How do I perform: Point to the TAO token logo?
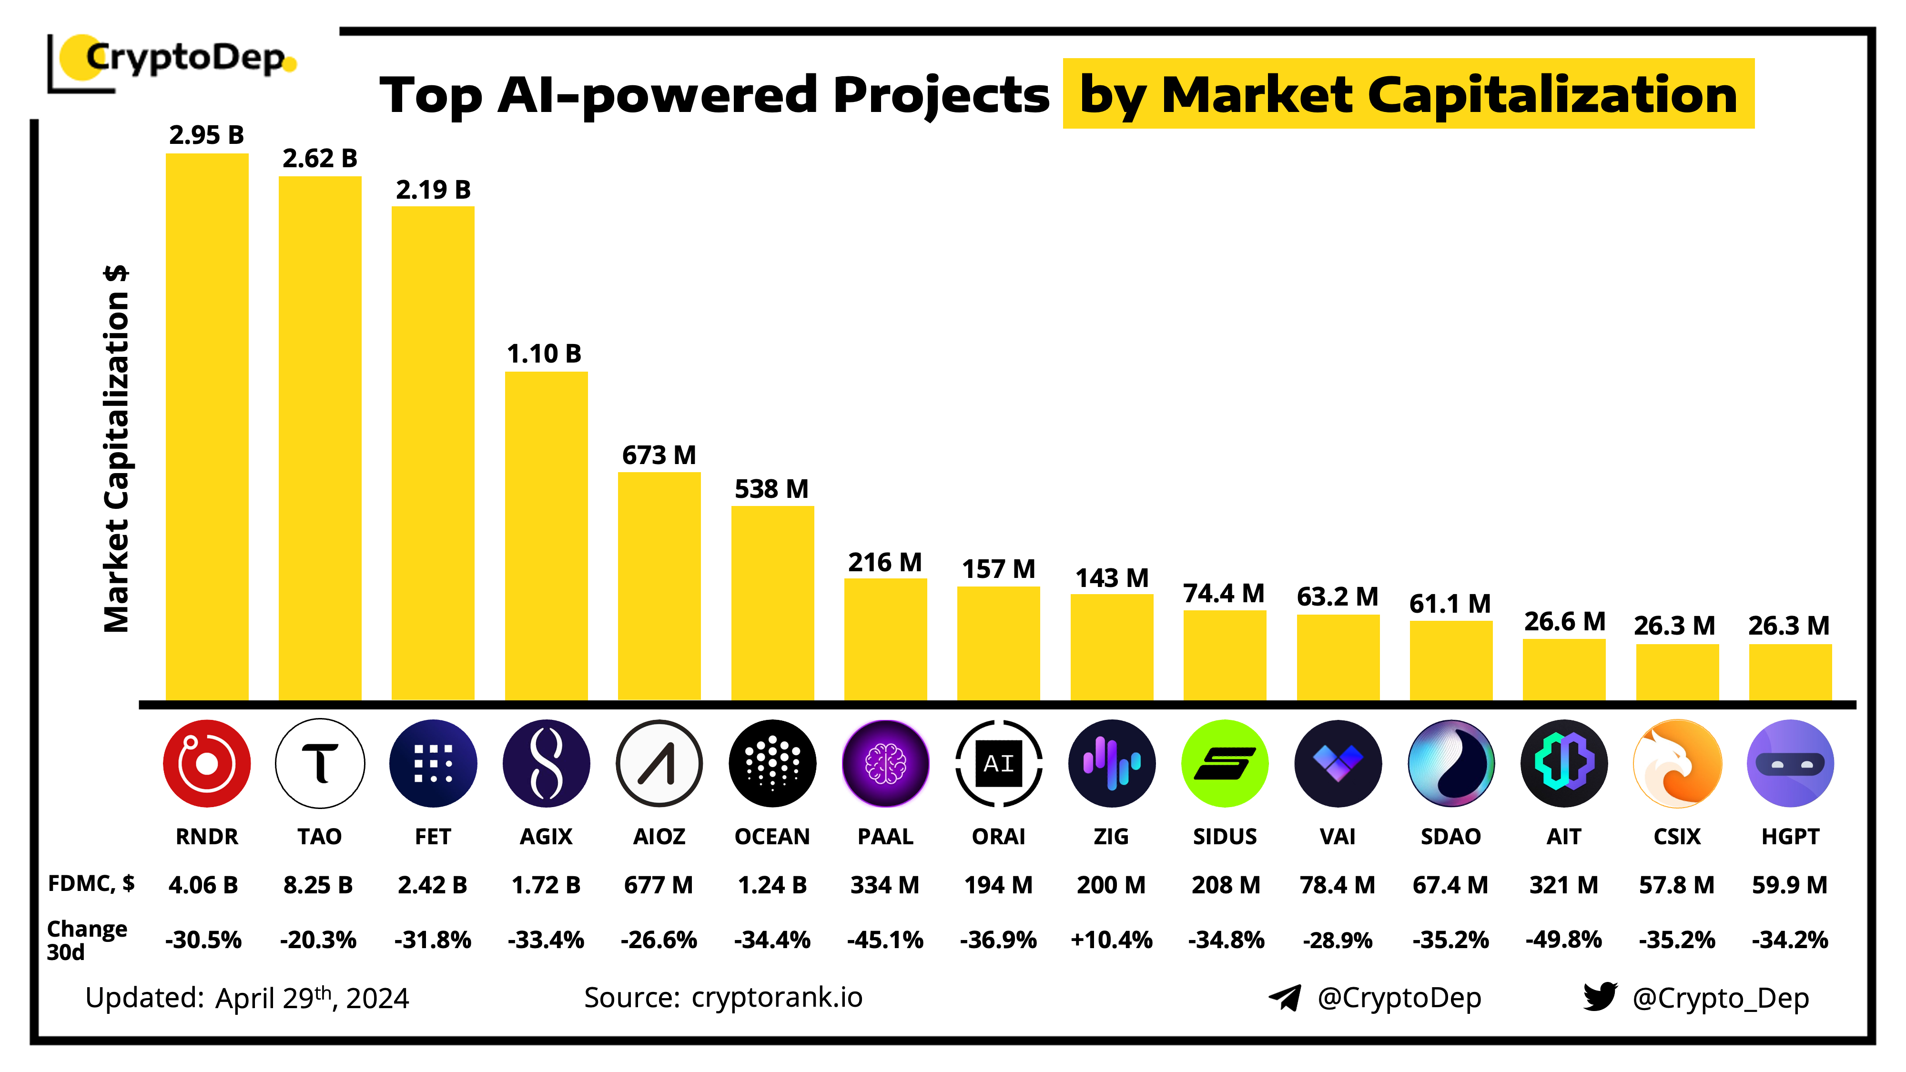[x=320, y=763]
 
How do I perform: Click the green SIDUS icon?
[x=1225, y=763]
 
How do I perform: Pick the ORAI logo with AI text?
[x=998, y=763]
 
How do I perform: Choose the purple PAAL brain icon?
[x=885, y=763]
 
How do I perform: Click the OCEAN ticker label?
[x=772, y=836]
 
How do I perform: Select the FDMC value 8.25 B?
[x=318, y=885]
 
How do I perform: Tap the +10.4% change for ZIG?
[x=1111, y=940]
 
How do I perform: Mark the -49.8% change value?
[x=1563, y=940]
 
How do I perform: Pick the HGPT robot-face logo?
[x=1790, y=763]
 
